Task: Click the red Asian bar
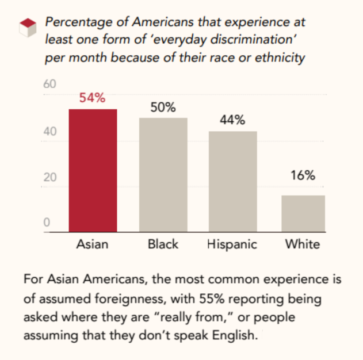click(x=93, y=171)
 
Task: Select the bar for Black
click(x=163, y=175)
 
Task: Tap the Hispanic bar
click(x=233, y=182)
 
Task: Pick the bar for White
click(x=303, y=213)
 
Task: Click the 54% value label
click(x=92, y=98)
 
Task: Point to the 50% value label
click(x=163, y=108)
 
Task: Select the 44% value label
click(x=232, y=120)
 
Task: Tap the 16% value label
click(x=303, y=176)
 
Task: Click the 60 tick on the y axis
click(x=50, y=85)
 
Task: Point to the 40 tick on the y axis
click(x=50, y=132)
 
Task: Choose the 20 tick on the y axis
click(x=50, y=177)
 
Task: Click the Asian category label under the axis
click(x=92, y=244)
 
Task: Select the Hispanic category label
click(x=232, y=244)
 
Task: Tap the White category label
click(x=303, y=244)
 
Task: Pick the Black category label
click(x=163, y=244)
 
